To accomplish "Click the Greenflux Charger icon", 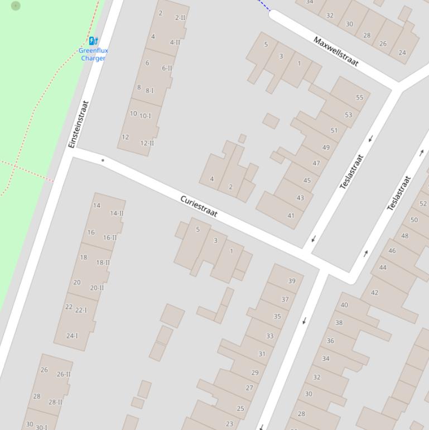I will coord(93,40).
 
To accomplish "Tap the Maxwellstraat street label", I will coord(336,51).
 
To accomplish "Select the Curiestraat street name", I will coord(199,206).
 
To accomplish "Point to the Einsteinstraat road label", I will coord(79,124).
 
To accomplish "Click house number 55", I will coord(359,97).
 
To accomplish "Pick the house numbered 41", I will coord(291,216).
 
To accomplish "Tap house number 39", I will coord(292,281).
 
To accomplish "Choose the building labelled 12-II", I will coord(147,143).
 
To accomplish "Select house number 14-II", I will coord(117,213).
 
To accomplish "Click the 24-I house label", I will coord(72,336).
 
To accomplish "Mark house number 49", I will coord(326,147).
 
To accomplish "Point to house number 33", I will coord(270,336).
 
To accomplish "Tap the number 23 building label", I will coord(229,424).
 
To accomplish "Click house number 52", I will coord(423,204).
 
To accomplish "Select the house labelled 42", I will coord(374,292).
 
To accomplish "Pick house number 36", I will coord(330,341).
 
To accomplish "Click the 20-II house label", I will coord(97,288).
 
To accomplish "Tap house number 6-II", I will coord(167,68).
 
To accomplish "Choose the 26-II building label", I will coord(64,374).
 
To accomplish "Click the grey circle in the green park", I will coord(16,6).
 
